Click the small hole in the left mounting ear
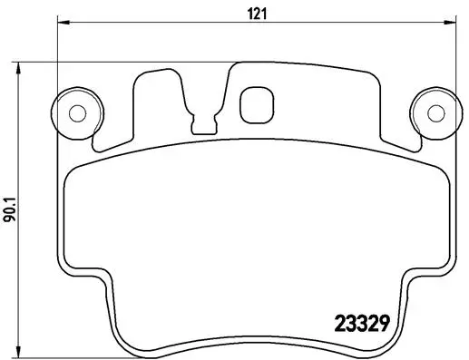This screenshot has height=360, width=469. coord(76,113)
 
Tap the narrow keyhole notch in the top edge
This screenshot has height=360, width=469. coord(207,115)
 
